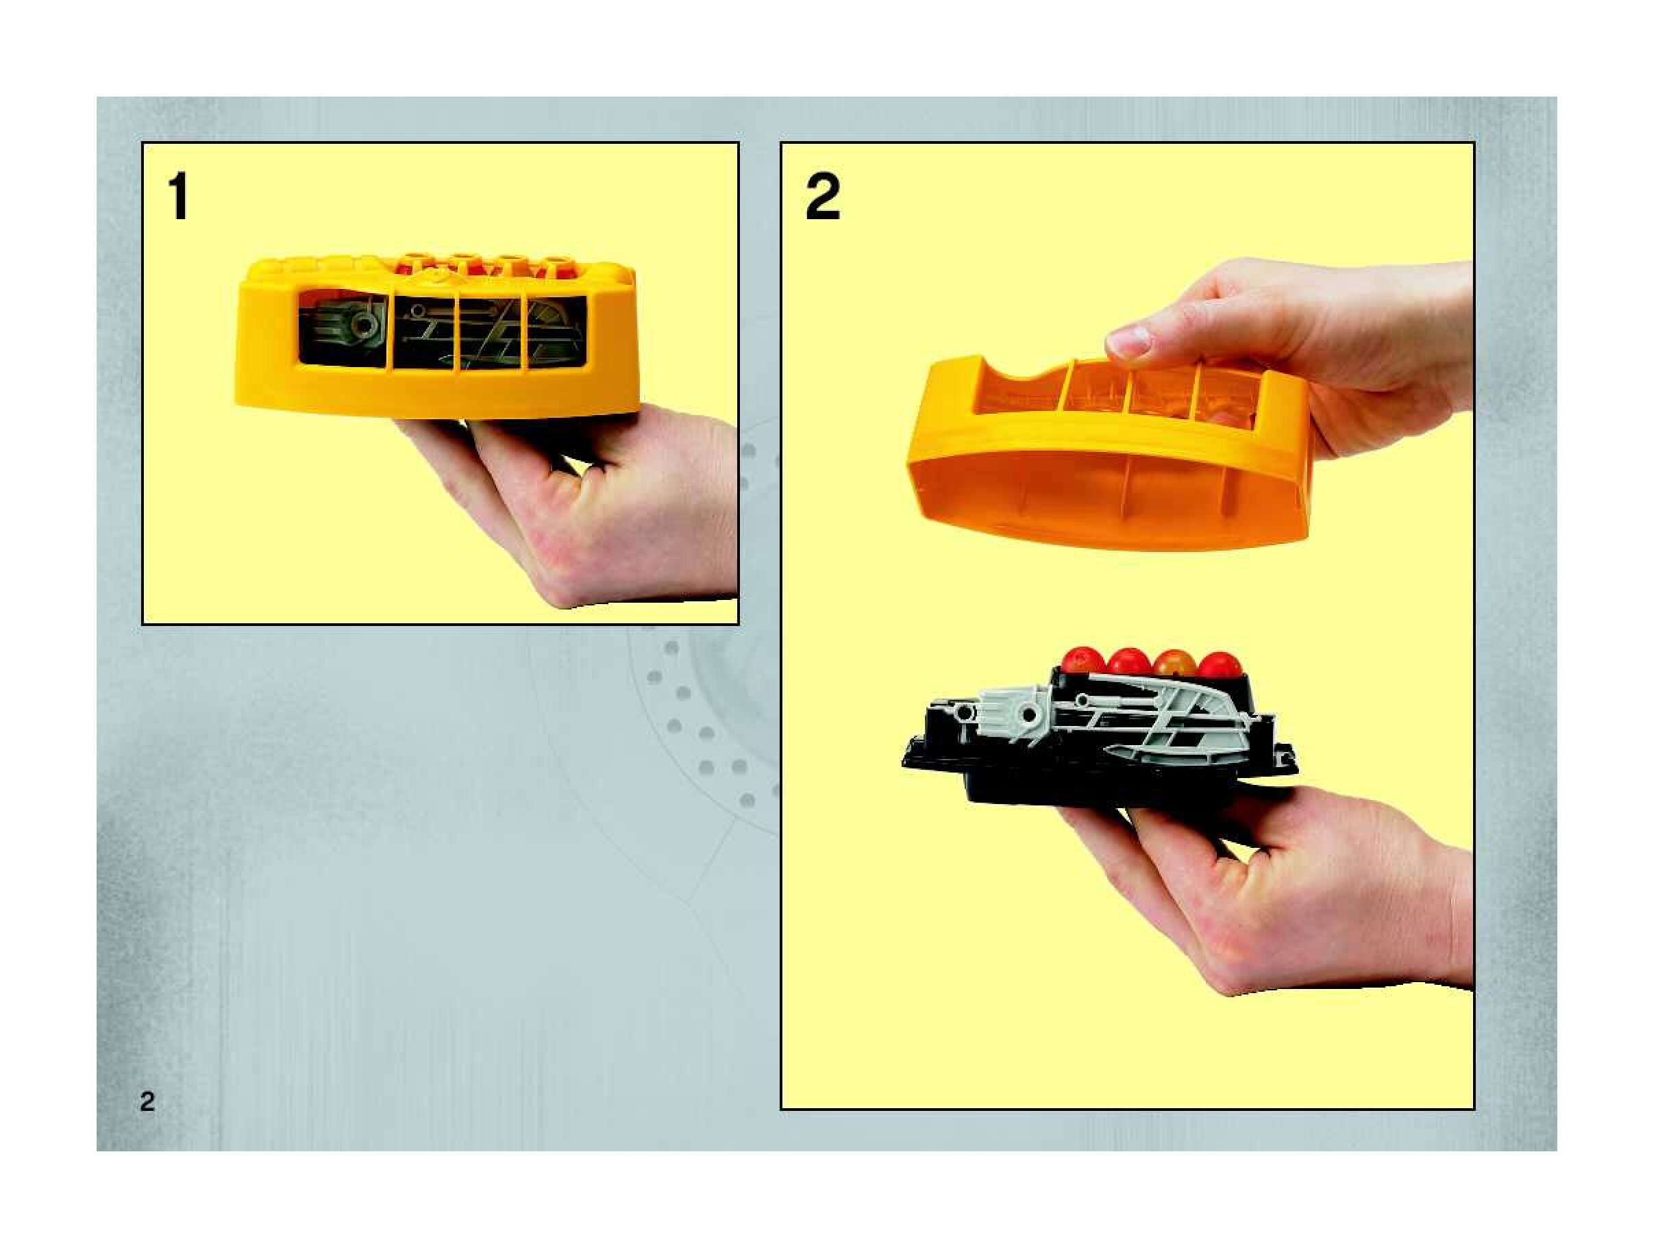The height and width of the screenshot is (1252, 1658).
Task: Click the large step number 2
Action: (x=822, y=197)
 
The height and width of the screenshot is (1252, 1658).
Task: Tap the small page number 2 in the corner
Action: (x=147, y=1101)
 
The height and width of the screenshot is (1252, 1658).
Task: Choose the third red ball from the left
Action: (x=1173, y=663)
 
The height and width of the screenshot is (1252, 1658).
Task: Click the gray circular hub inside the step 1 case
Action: (x=365, y=325)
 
